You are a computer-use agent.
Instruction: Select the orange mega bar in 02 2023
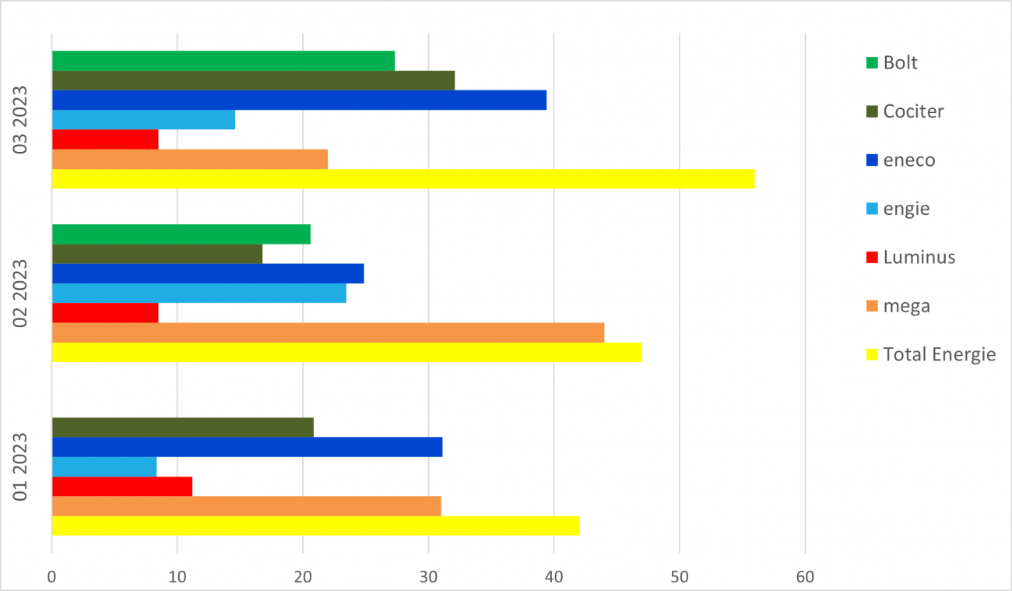tap(328, 332)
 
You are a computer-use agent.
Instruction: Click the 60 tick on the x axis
tap(805, 577)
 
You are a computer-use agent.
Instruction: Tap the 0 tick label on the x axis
tap(52, 577)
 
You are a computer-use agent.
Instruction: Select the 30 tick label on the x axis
tap(428, 577)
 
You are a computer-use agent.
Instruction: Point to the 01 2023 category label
tap(21, 466)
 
